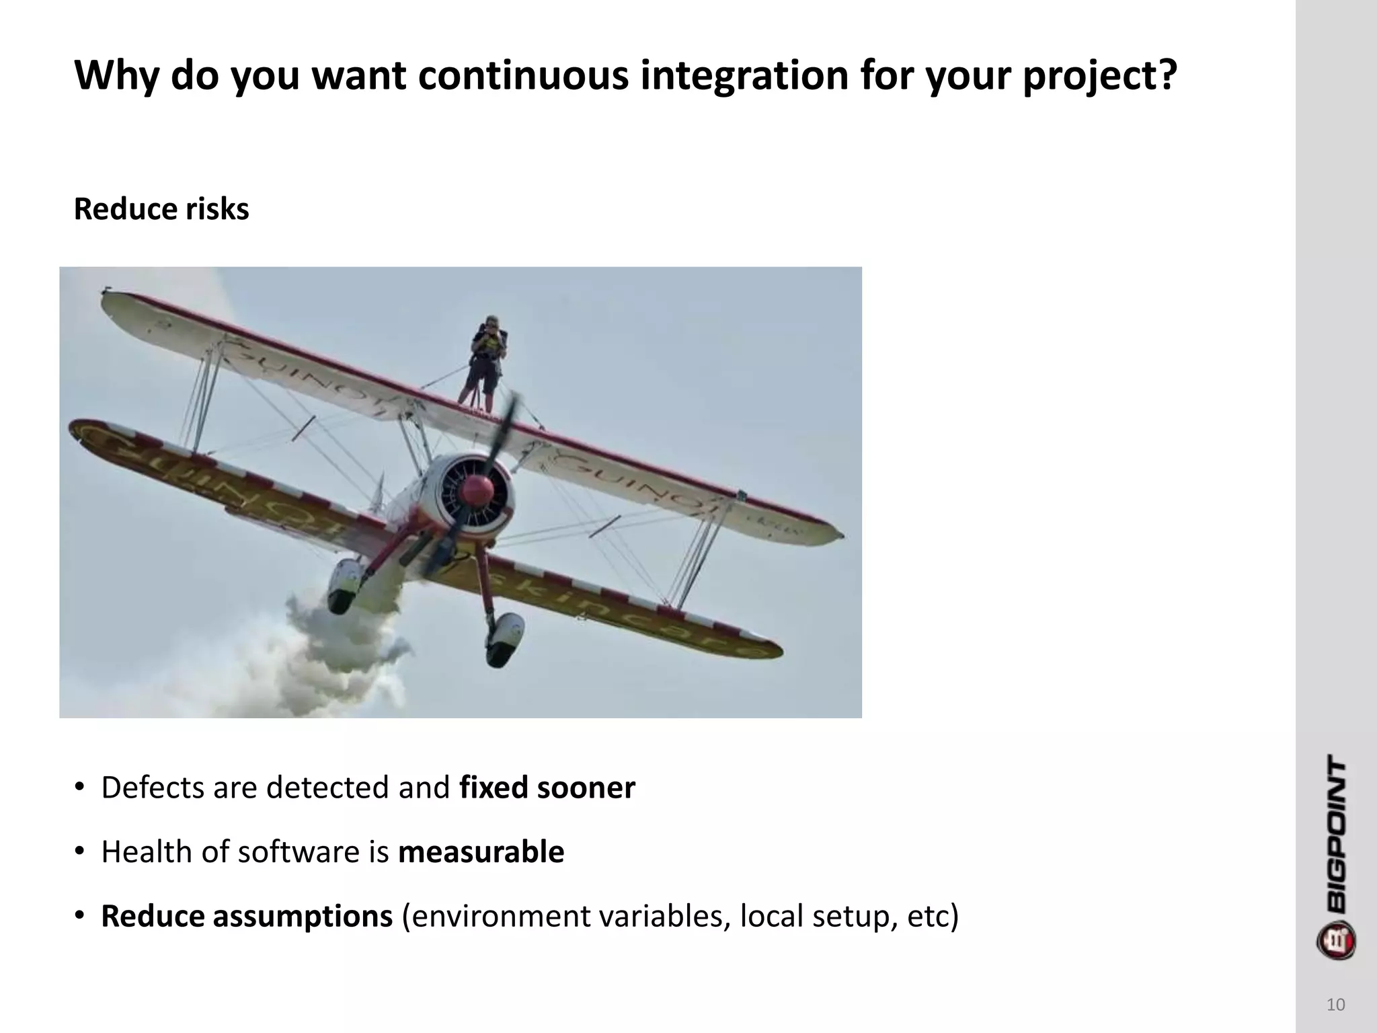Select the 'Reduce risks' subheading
tap(161, 209)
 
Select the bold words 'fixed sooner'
tap(547, 788)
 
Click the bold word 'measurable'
tap(481, 852)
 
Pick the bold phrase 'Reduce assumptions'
tap(247, 917)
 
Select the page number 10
tap(1335, 1005)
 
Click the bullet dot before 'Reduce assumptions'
tap(79, 917)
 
